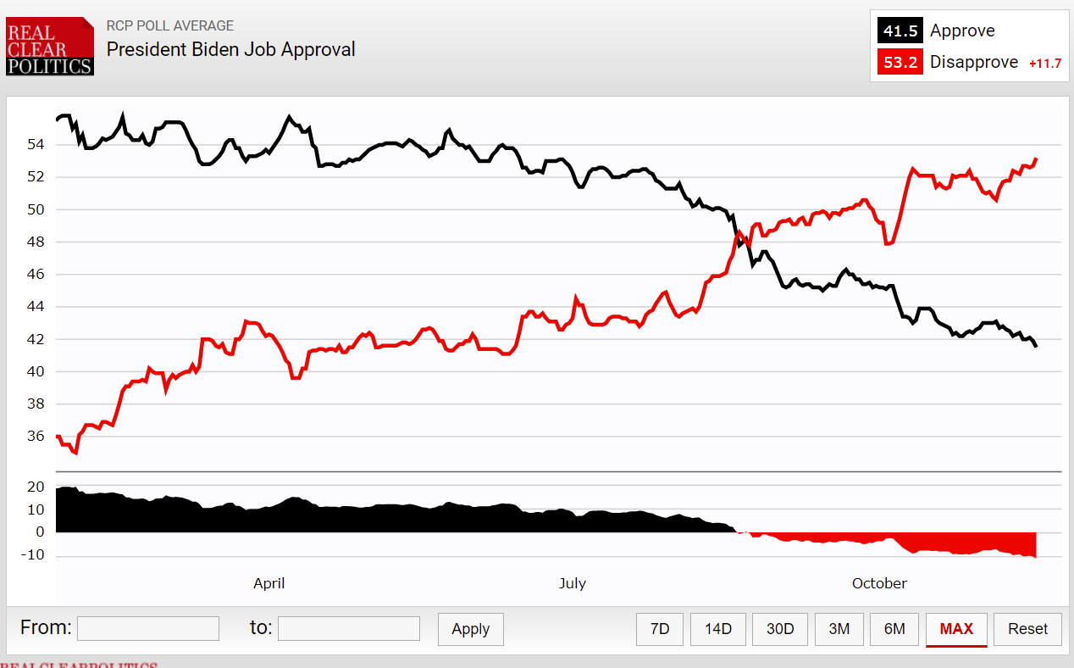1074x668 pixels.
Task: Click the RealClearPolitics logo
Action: (x=49, y=46)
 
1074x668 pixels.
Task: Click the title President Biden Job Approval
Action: (x=230, y=49)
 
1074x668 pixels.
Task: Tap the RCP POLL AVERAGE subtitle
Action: (x=169, y=25)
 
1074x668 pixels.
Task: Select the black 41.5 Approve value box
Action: (x=900, y=31)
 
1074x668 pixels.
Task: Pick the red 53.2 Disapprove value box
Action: (x=900, y=62)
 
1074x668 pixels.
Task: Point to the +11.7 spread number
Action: (x=1044, y=64)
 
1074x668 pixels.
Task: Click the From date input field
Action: (x=148, y=628)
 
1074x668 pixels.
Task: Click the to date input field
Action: (x=348, y=628)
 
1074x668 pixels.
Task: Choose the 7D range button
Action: (x=660, y=629)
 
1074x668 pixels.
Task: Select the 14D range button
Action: (x=718, y=629)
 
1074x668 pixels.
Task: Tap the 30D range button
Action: (x=780, y=629)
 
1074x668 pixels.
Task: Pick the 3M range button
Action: (x=839, y=629)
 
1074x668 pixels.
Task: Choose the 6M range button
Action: (x=894, y=629)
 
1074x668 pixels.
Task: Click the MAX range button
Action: (x=956, y=629)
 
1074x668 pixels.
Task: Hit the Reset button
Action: (x=1027, y=629)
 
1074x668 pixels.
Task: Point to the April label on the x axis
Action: (x=269, y=583)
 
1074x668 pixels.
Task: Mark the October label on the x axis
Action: (x=879, y=583)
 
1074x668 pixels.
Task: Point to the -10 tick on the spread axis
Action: (x=34, y=556)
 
